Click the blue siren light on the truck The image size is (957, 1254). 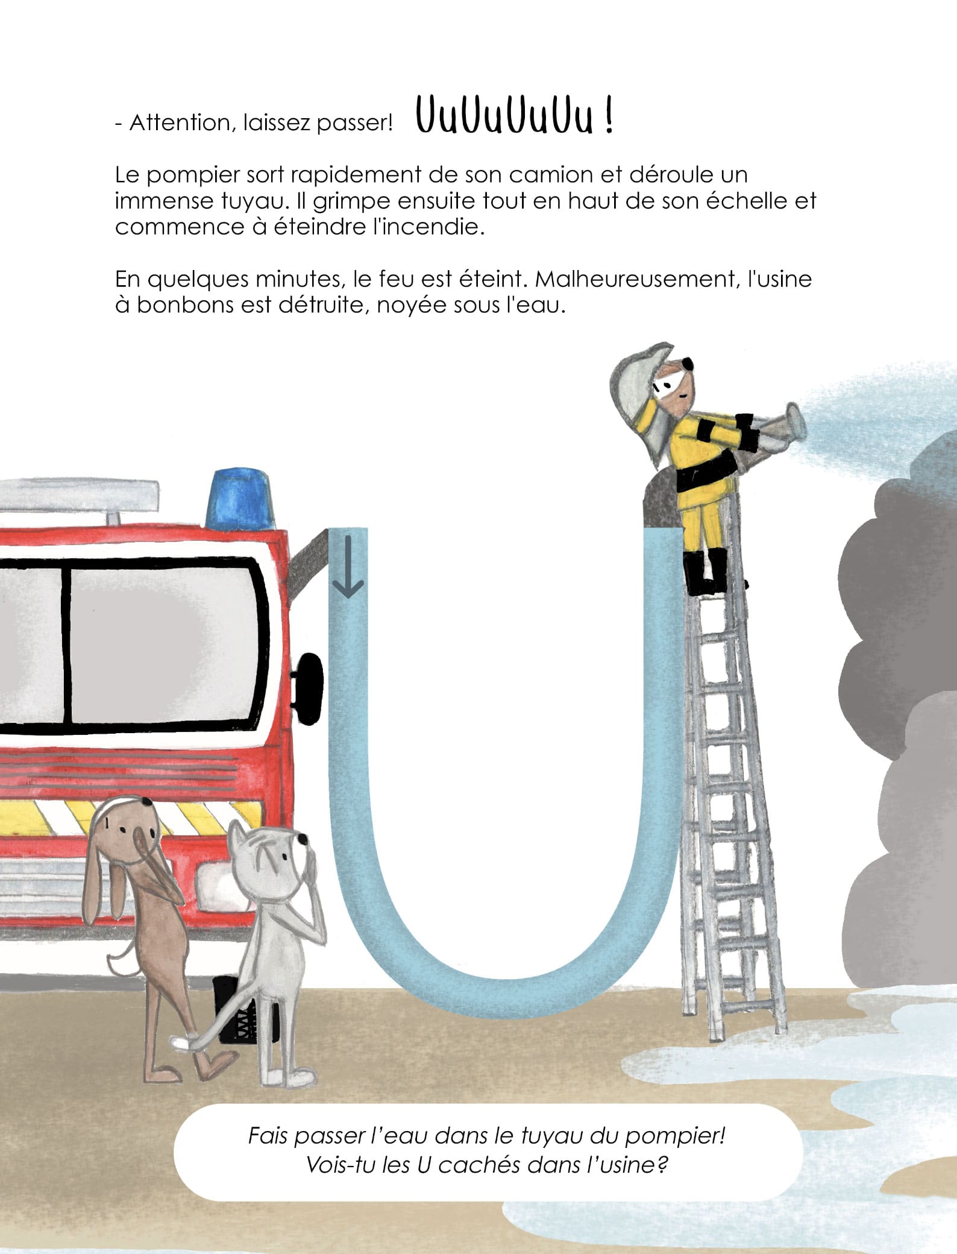(239, 500)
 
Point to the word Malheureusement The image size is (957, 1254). (635, 279)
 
